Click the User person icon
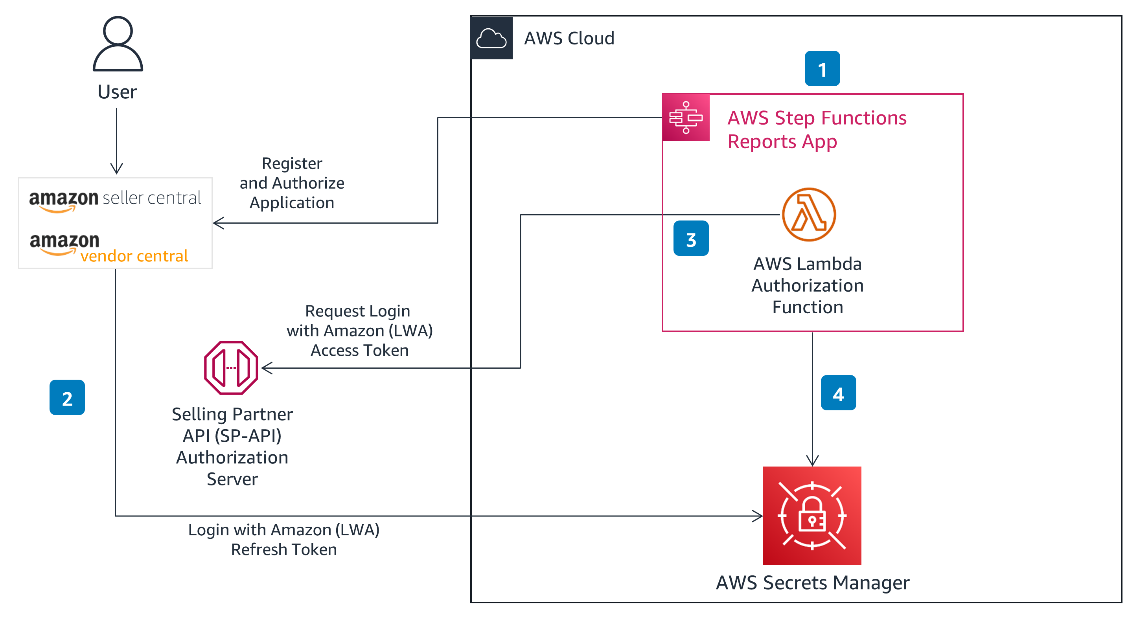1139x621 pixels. click(x=118, y=44)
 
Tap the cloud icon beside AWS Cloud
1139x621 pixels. click(x=491, y=39)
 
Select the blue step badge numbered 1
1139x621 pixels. click(x=822, y=68)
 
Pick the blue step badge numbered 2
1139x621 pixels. click(x=67, y=397)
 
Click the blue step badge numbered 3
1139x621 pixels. click(x=691, y=239)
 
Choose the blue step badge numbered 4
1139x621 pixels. click(x=838, y=393)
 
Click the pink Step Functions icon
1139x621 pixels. click(x=685, y=118)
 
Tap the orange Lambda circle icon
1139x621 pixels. click(x=809, y=215)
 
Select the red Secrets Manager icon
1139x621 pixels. click(x=812, y=515)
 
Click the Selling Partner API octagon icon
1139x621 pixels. click(x=231, y=368)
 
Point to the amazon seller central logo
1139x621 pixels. click(x=115, y=200)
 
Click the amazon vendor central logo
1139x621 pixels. click(x=109, y=249)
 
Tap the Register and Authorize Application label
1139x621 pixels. click(x=292, y=183)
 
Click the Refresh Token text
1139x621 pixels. click(x=284, y=549)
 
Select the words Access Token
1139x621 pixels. click(x=359, y=351)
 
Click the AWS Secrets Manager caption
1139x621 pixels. click(x=812, y=582)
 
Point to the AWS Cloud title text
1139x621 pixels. click(x=569, y=39)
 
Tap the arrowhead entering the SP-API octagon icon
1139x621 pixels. click(x=267, y=368)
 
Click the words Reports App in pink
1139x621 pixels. click(x=782, y=142)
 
